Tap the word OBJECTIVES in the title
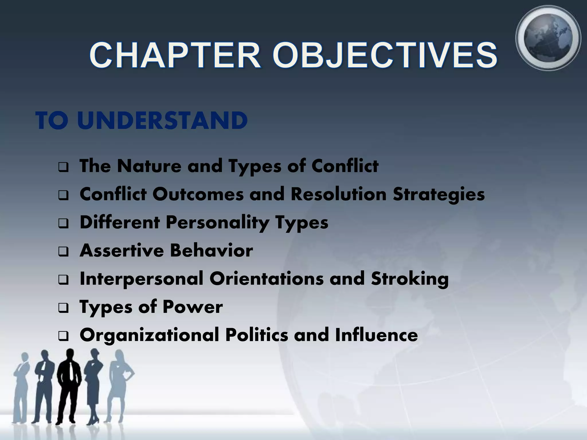[385, 55]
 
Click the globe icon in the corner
[548, 38]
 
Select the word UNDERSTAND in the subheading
[162, 121]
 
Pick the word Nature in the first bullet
[149, 166]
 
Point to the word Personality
[217, 223]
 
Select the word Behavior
[211, 251]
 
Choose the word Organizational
[149, 335]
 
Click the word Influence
[376, 335]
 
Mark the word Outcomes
[198, 194]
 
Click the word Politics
[257, 335]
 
